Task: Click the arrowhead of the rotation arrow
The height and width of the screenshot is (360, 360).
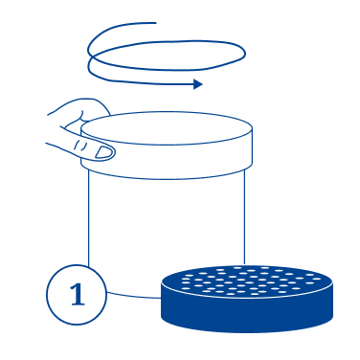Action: [198, 84]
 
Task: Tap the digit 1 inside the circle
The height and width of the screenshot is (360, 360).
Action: [78, 294]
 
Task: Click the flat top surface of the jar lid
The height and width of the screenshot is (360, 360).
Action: [167, 128]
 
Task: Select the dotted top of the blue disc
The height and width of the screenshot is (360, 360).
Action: [247, 281]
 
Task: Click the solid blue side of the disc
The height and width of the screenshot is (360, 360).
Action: [247, 314]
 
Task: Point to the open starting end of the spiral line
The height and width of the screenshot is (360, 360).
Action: [155, 23]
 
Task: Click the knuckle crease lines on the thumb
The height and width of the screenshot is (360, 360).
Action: [80, 146]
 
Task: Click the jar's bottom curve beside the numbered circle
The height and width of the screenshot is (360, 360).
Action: [134, 296]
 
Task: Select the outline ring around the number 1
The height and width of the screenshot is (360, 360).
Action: [47, 294]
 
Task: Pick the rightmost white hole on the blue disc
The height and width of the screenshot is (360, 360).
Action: [317, 279]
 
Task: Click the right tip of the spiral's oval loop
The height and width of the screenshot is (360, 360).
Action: [245, 54]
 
